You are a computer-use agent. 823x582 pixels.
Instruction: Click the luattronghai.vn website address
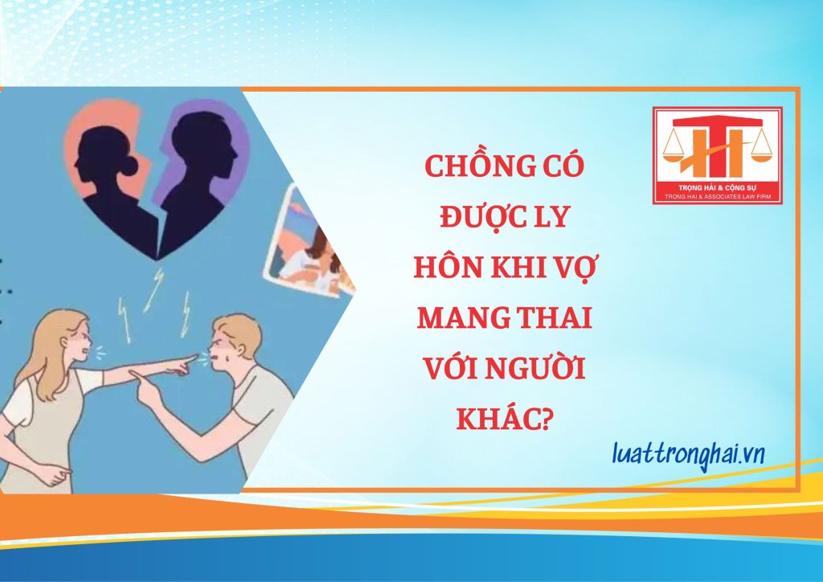tap(688, 454)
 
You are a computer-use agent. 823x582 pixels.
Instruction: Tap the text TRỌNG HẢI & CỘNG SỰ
tap(717, 187)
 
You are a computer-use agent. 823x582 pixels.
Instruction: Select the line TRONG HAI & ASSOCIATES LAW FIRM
tap(717, 196)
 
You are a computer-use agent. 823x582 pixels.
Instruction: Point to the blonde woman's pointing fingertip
tap(195, 358)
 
